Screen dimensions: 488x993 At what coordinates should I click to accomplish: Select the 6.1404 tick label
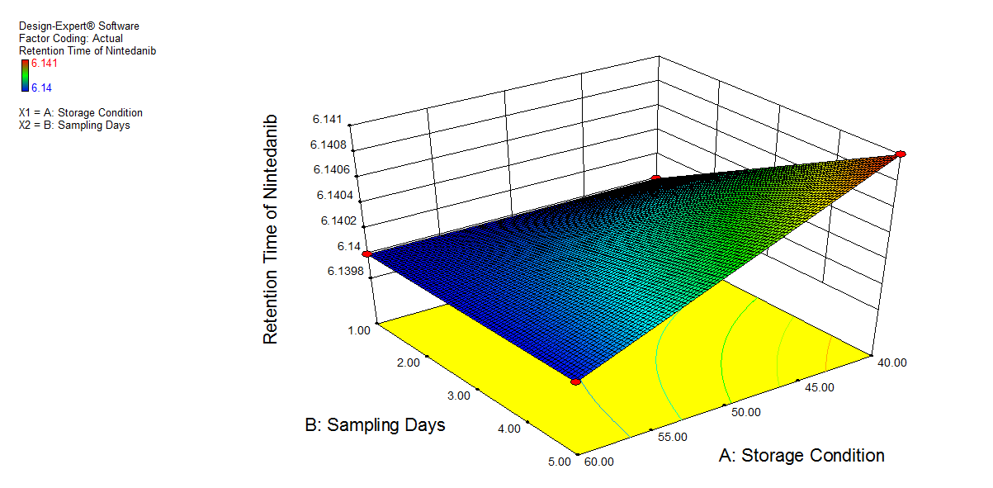tap(329, 196)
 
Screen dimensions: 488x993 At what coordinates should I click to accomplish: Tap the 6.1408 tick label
tap(329, 145)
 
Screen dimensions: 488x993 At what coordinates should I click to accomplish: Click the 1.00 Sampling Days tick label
tap(359, 329)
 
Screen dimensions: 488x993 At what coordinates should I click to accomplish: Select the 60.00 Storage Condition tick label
tap(599, 462)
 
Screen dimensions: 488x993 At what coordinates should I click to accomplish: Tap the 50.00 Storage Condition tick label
tap(746, 411)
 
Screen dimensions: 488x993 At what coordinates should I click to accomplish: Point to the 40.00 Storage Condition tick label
tap(891, 362)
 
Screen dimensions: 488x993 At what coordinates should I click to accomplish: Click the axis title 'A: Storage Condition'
tap(801, 456)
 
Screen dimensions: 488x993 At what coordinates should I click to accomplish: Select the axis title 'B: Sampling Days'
tap(375, 425)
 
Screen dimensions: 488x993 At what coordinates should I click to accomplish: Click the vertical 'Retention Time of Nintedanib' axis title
tap(270, 229)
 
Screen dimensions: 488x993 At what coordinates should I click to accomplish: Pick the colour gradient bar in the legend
tap(25, 74)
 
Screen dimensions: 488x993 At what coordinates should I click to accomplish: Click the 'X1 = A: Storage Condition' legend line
tap(80, 112)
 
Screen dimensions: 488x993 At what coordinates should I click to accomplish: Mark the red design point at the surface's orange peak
tap(901, 154)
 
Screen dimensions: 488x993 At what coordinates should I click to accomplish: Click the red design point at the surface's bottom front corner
tap(575, 381)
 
